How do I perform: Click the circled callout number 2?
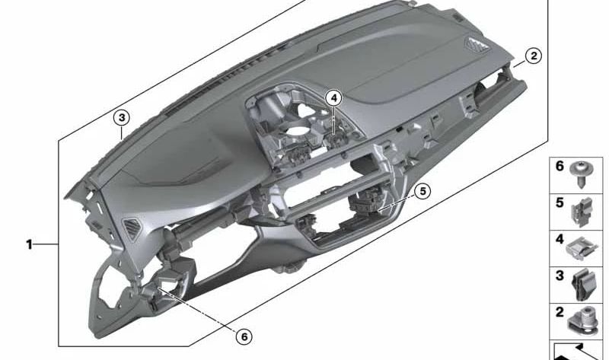[x=534, y=56]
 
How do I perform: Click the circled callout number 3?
[x=121, y=118]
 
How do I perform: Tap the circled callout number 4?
[x=333, y=97]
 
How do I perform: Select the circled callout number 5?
[x=423, y=192]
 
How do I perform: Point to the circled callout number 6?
[x=244, y=336]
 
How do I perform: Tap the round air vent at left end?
[x=132, y=229]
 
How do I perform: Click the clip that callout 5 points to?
[x=367, y=204]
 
